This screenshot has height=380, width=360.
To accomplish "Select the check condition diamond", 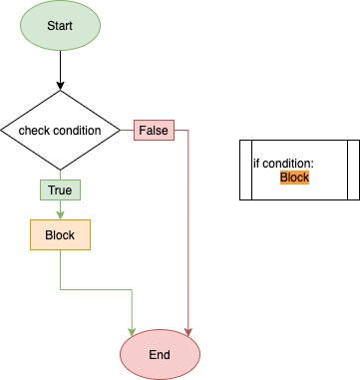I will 60,130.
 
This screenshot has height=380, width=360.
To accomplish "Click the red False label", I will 154,130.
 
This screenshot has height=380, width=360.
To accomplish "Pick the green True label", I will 60,190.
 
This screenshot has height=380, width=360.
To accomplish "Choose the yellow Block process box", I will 60,234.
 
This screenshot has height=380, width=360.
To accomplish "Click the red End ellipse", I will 160,354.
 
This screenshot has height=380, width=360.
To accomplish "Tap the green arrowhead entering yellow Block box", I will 60,213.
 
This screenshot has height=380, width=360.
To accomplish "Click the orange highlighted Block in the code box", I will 294,178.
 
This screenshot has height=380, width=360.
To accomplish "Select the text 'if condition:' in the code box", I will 282,164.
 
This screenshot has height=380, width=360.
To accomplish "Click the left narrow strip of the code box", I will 244,170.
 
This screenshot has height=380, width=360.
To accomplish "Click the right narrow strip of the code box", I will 353,170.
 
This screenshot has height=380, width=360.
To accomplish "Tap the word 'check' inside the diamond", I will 34,131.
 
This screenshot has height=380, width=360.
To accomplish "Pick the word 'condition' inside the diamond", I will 77,131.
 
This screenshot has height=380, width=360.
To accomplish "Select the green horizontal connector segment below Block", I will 96,289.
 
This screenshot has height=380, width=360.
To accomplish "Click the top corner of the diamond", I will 60,92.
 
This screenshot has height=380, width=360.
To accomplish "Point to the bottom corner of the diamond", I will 60,169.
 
